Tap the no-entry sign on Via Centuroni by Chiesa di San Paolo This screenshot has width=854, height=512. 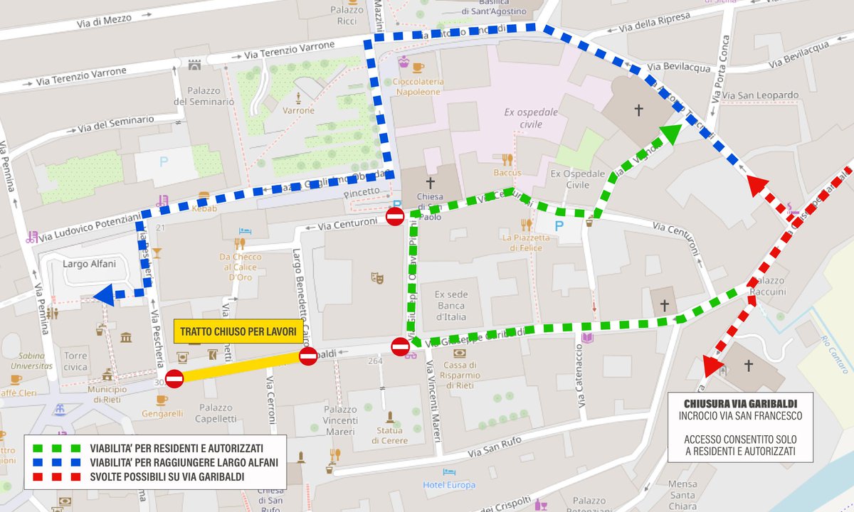[x=395, y=216]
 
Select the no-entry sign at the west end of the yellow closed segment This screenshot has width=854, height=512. [x=174, y=379]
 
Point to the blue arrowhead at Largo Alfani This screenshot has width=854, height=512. [x=104, y=294]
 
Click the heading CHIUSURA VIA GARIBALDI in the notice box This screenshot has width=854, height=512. [x=740, y=404]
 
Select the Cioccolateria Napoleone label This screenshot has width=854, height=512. [x=418, y=87]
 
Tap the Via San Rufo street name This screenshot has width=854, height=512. [x=495, y=447]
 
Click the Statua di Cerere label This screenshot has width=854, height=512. [x=389, y=436]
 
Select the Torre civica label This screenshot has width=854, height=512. [x=75, y=361]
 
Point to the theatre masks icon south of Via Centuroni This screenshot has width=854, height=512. [x=376, y=277]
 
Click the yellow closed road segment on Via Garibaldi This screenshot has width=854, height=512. [x=242, y=366]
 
